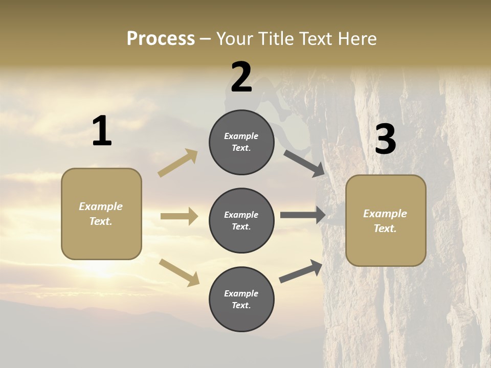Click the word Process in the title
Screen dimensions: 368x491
[x=161, y=38]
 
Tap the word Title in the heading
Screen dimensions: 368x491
[x=277, y=38]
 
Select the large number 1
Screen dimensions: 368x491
[x=102, y=131]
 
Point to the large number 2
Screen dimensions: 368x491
[x=241, y=77]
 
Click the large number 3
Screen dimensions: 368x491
[x=385, y=140]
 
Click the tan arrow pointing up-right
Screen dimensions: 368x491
[x=178, y=163]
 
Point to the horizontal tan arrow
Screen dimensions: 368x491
[x=179, y=216]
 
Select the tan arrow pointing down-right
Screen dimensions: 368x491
[x=179, y=272]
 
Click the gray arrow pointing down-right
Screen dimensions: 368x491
[x=304, y=163]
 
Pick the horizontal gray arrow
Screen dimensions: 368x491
[x=303, y=215]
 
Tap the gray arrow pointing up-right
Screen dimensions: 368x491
[x=301, y=271]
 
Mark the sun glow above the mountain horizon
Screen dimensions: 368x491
[x=102, y=271]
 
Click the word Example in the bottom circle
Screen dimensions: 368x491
[x=241, y=293]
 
